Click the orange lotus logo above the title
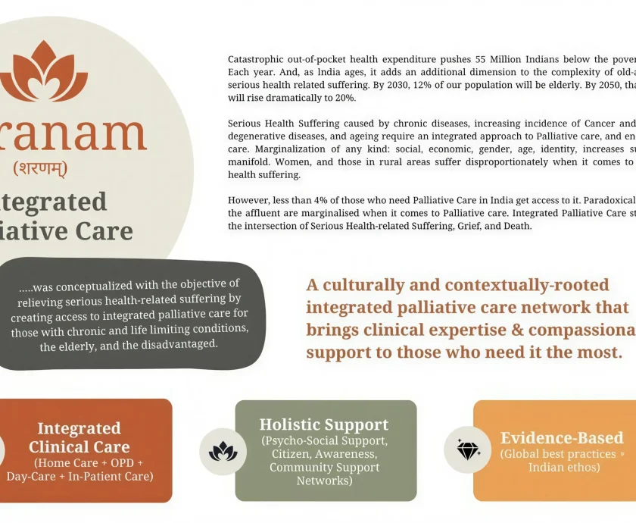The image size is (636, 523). pyautogui.click(x=44, y=71)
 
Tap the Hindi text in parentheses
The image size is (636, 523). pyautogui.click(x=40, y=168)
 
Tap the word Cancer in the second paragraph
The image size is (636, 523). pyautogui.click(x=603, y=124)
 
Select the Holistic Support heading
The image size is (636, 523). pyautogui.click(x=324, y=424)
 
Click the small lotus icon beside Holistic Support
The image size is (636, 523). pyautogui.click(x=223, y=452)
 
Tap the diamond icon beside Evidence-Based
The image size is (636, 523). pyautogui.click(x=468, y=450)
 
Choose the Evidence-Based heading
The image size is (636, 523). pyautogui.click(x=562, y=438)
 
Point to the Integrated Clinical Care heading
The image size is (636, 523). pyautogui.click(x=79, y=437)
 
